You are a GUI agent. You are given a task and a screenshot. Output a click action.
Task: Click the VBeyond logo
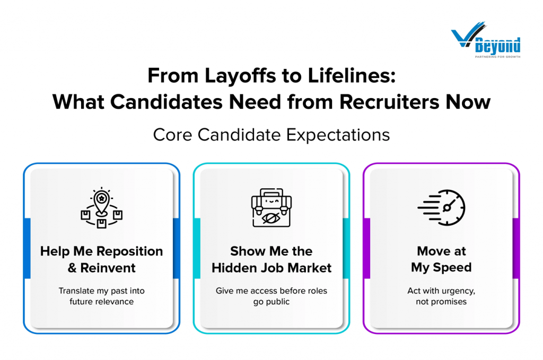pos(486,39)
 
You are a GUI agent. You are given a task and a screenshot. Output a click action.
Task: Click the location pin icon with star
pos(101,208)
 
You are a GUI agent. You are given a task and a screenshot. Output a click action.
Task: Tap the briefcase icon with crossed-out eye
pos(271,208)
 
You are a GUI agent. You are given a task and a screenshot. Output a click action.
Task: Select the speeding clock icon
pos(441,208)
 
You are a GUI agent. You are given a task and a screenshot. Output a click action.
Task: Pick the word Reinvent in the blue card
pos(108,268)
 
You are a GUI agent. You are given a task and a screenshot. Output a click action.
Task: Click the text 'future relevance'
pos(101,302)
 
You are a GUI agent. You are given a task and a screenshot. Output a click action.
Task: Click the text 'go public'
pos(271,302)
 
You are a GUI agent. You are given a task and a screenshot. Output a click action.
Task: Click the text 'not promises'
pos(441,302)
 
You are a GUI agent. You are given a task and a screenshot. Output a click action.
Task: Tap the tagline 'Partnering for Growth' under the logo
pos(497,56)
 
